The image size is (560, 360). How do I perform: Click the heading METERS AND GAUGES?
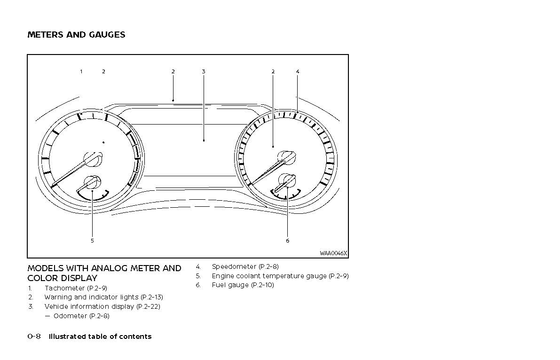(76, 35)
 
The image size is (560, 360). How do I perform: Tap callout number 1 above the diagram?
(81, 71)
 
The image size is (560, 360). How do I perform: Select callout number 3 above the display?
(204, 71)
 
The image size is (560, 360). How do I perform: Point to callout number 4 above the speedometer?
(298, 71)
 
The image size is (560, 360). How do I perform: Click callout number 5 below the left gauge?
(92, 241)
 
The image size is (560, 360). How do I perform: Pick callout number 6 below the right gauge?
(287, 241)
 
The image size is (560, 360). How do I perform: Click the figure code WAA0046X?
(333, 253)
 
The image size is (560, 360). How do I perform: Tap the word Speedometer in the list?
(234, 266)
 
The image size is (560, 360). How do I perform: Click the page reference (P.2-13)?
(151, 297)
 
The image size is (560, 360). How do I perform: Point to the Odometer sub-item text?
(70, 316)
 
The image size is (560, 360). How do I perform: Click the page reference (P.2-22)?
(148, 306)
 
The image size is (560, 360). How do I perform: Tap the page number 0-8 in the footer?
(34, 337)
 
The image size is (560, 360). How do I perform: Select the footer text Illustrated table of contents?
(100, 337)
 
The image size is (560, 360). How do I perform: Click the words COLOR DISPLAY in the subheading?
(63, 278)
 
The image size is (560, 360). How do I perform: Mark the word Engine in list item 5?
(222, 276)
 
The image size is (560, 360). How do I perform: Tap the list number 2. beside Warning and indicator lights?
(31, 297)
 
